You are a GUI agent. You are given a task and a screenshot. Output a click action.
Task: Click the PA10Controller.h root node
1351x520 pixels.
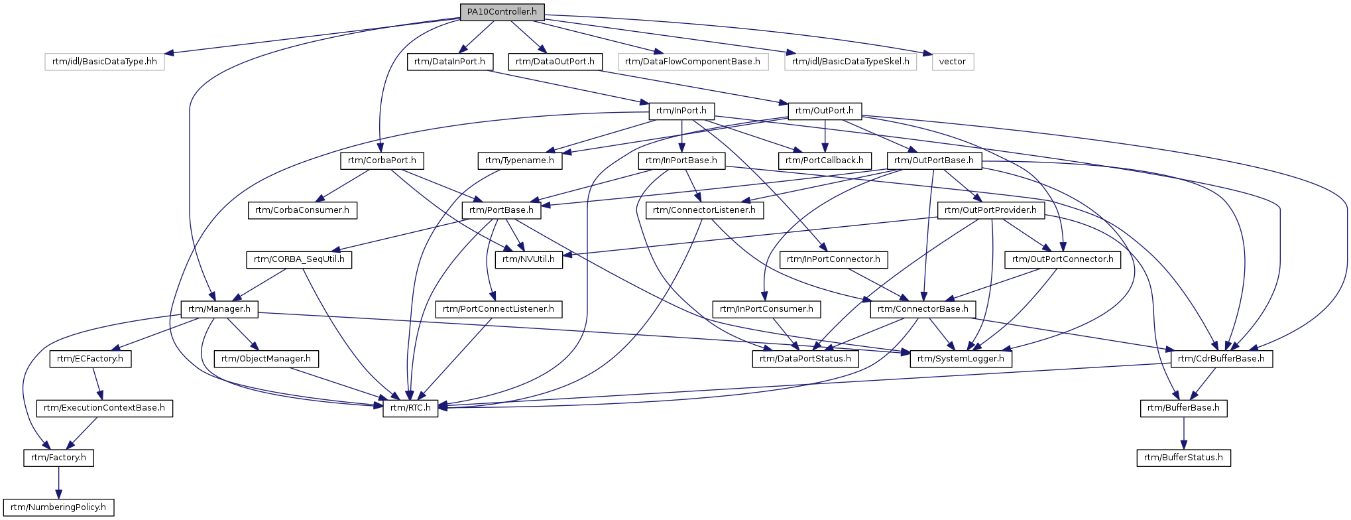point(502,12)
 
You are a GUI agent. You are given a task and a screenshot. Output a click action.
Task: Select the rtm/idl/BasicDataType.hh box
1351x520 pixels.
point(105,62)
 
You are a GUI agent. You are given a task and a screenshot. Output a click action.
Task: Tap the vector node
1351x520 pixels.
point(953,62)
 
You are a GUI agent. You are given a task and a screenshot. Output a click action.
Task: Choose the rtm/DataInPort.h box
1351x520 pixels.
point(449,62)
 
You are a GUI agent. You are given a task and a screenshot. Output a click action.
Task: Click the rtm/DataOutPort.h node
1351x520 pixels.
point(555,62)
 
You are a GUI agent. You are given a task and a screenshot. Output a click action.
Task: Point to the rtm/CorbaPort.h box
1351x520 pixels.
point(382,161)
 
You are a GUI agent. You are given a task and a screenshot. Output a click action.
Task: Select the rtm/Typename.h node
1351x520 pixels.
point(520,161)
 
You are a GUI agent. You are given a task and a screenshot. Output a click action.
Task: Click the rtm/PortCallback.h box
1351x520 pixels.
point(825,161)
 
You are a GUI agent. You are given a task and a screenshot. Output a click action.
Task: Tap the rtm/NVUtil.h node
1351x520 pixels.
point(528,259)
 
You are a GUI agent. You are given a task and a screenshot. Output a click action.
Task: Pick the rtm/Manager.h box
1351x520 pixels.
point(219,309)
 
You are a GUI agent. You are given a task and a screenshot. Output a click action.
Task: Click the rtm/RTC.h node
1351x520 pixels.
point(410,408)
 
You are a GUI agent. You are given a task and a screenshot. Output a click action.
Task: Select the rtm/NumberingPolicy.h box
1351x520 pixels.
point(58,507)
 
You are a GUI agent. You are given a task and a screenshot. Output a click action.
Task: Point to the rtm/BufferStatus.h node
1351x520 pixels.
point(1184,458)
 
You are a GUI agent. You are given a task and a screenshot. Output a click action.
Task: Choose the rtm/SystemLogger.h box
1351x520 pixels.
point(961,359)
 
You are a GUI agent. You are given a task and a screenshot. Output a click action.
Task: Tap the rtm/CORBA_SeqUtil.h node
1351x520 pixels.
point(299,259)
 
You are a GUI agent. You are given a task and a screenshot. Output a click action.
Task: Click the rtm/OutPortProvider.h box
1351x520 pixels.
point(991,210)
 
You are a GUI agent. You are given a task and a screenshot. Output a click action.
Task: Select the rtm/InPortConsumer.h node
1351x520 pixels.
point(766,309)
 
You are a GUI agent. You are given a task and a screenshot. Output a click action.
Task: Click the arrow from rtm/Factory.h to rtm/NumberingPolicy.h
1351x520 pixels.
point(58,483)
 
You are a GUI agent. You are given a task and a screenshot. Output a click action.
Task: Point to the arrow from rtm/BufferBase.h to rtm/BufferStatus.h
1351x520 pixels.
point(1184,433)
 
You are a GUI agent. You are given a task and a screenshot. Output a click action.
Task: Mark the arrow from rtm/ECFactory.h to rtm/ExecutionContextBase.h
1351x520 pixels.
point(97,383)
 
